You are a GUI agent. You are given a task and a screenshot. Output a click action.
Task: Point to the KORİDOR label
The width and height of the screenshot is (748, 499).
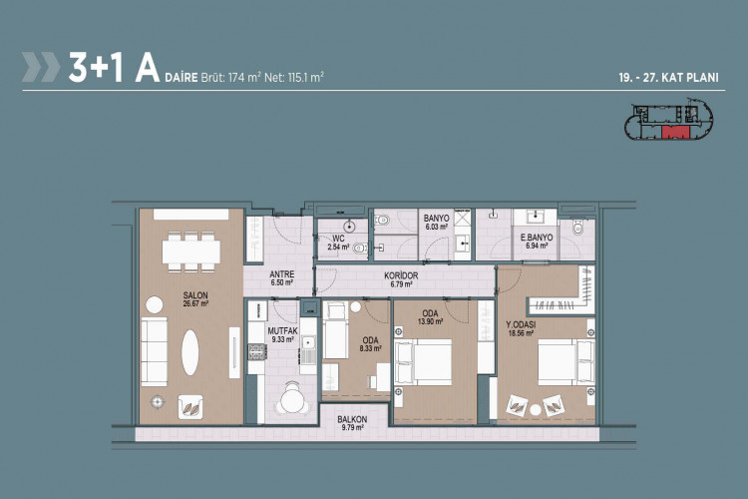click(403, 278)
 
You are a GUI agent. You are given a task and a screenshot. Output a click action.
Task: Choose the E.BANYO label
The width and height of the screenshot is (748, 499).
click(537, 240)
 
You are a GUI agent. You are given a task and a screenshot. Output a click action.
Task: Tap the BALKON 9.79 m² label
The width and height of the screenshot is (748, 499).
click(353, 423)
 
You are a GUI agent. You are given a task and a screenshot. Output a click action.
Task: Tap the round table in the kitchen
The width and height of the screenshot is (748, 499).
click(291, 400)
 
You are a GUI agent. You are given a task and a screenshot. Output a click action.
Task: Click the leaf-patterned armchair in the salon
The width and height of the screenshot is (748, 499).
click(192, 405)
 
